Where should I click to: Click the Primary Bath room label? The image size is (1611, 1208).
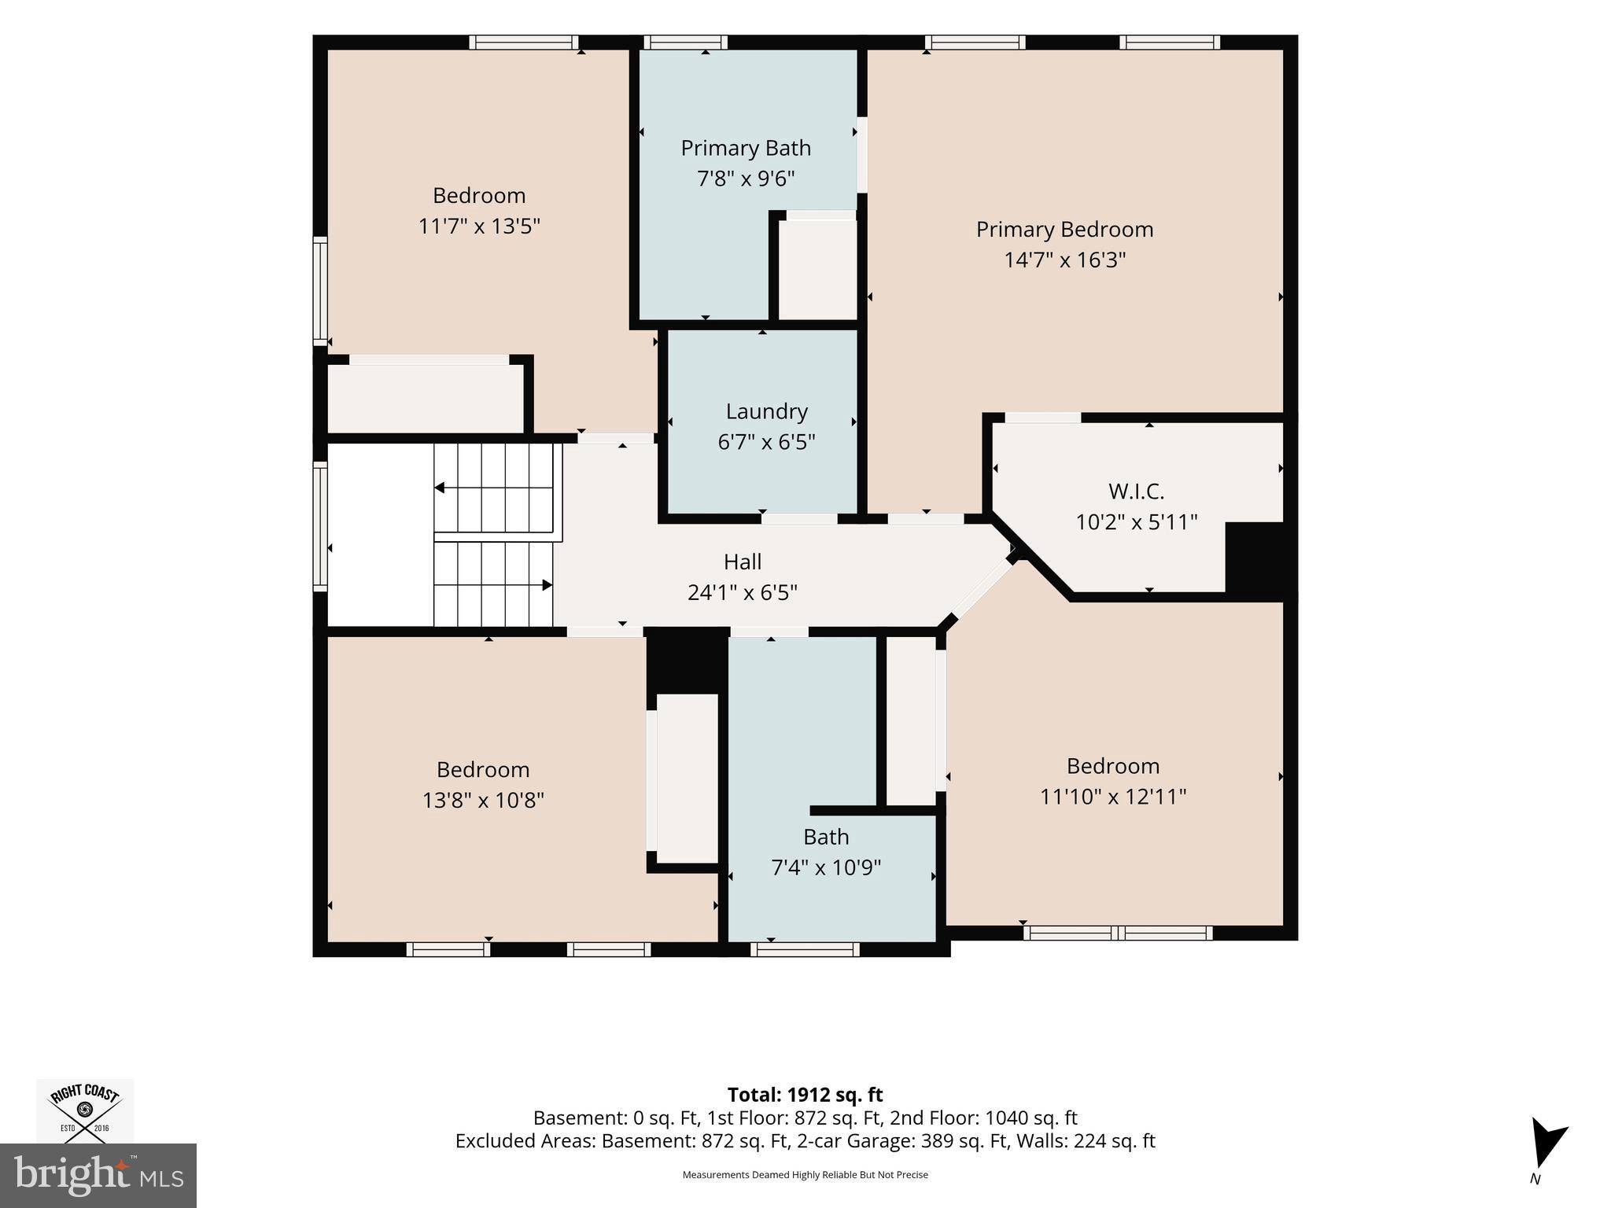pos(746,148)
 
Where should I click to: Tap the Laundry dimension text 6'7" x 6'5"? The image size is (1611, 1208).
pos(766,442)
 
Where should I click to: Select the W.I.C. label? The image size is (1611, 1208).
pos(1136,492)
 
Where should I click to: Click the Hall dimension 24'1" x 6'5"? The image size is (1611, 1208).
pos(743,592)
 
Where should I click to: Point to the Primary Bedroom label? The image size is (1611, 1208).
pos(1064,230)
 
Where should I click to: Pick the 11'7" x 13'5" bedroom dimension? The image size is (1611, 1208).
pos(479,226)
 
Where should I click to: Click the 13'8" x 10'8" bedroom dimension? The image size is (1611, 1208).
pos(483,801)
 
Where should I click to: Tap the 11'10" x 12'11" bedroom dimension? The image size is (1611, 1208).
pos(1113,797)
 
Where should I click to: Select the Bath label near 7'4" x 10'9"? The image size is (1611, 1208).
pos(826,837)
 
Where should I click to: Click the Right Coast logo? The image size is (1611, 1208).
pos(85,1110)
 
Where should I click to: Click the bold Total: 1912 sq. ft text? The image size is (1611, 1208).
pos(805,1095)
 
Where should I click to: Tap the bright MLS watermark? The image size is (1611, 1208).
pos(98,1176)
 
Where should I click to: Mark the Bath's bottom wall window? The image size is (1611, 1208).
pos(805,949)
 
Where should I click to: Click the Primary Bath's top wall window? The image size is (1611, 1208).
pos(685,42)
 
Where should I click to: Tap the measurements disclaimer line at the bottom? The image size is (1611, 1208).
pos(805,1175)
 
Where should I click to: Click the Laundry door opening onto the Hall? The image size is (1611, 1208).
pos(799,519)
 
